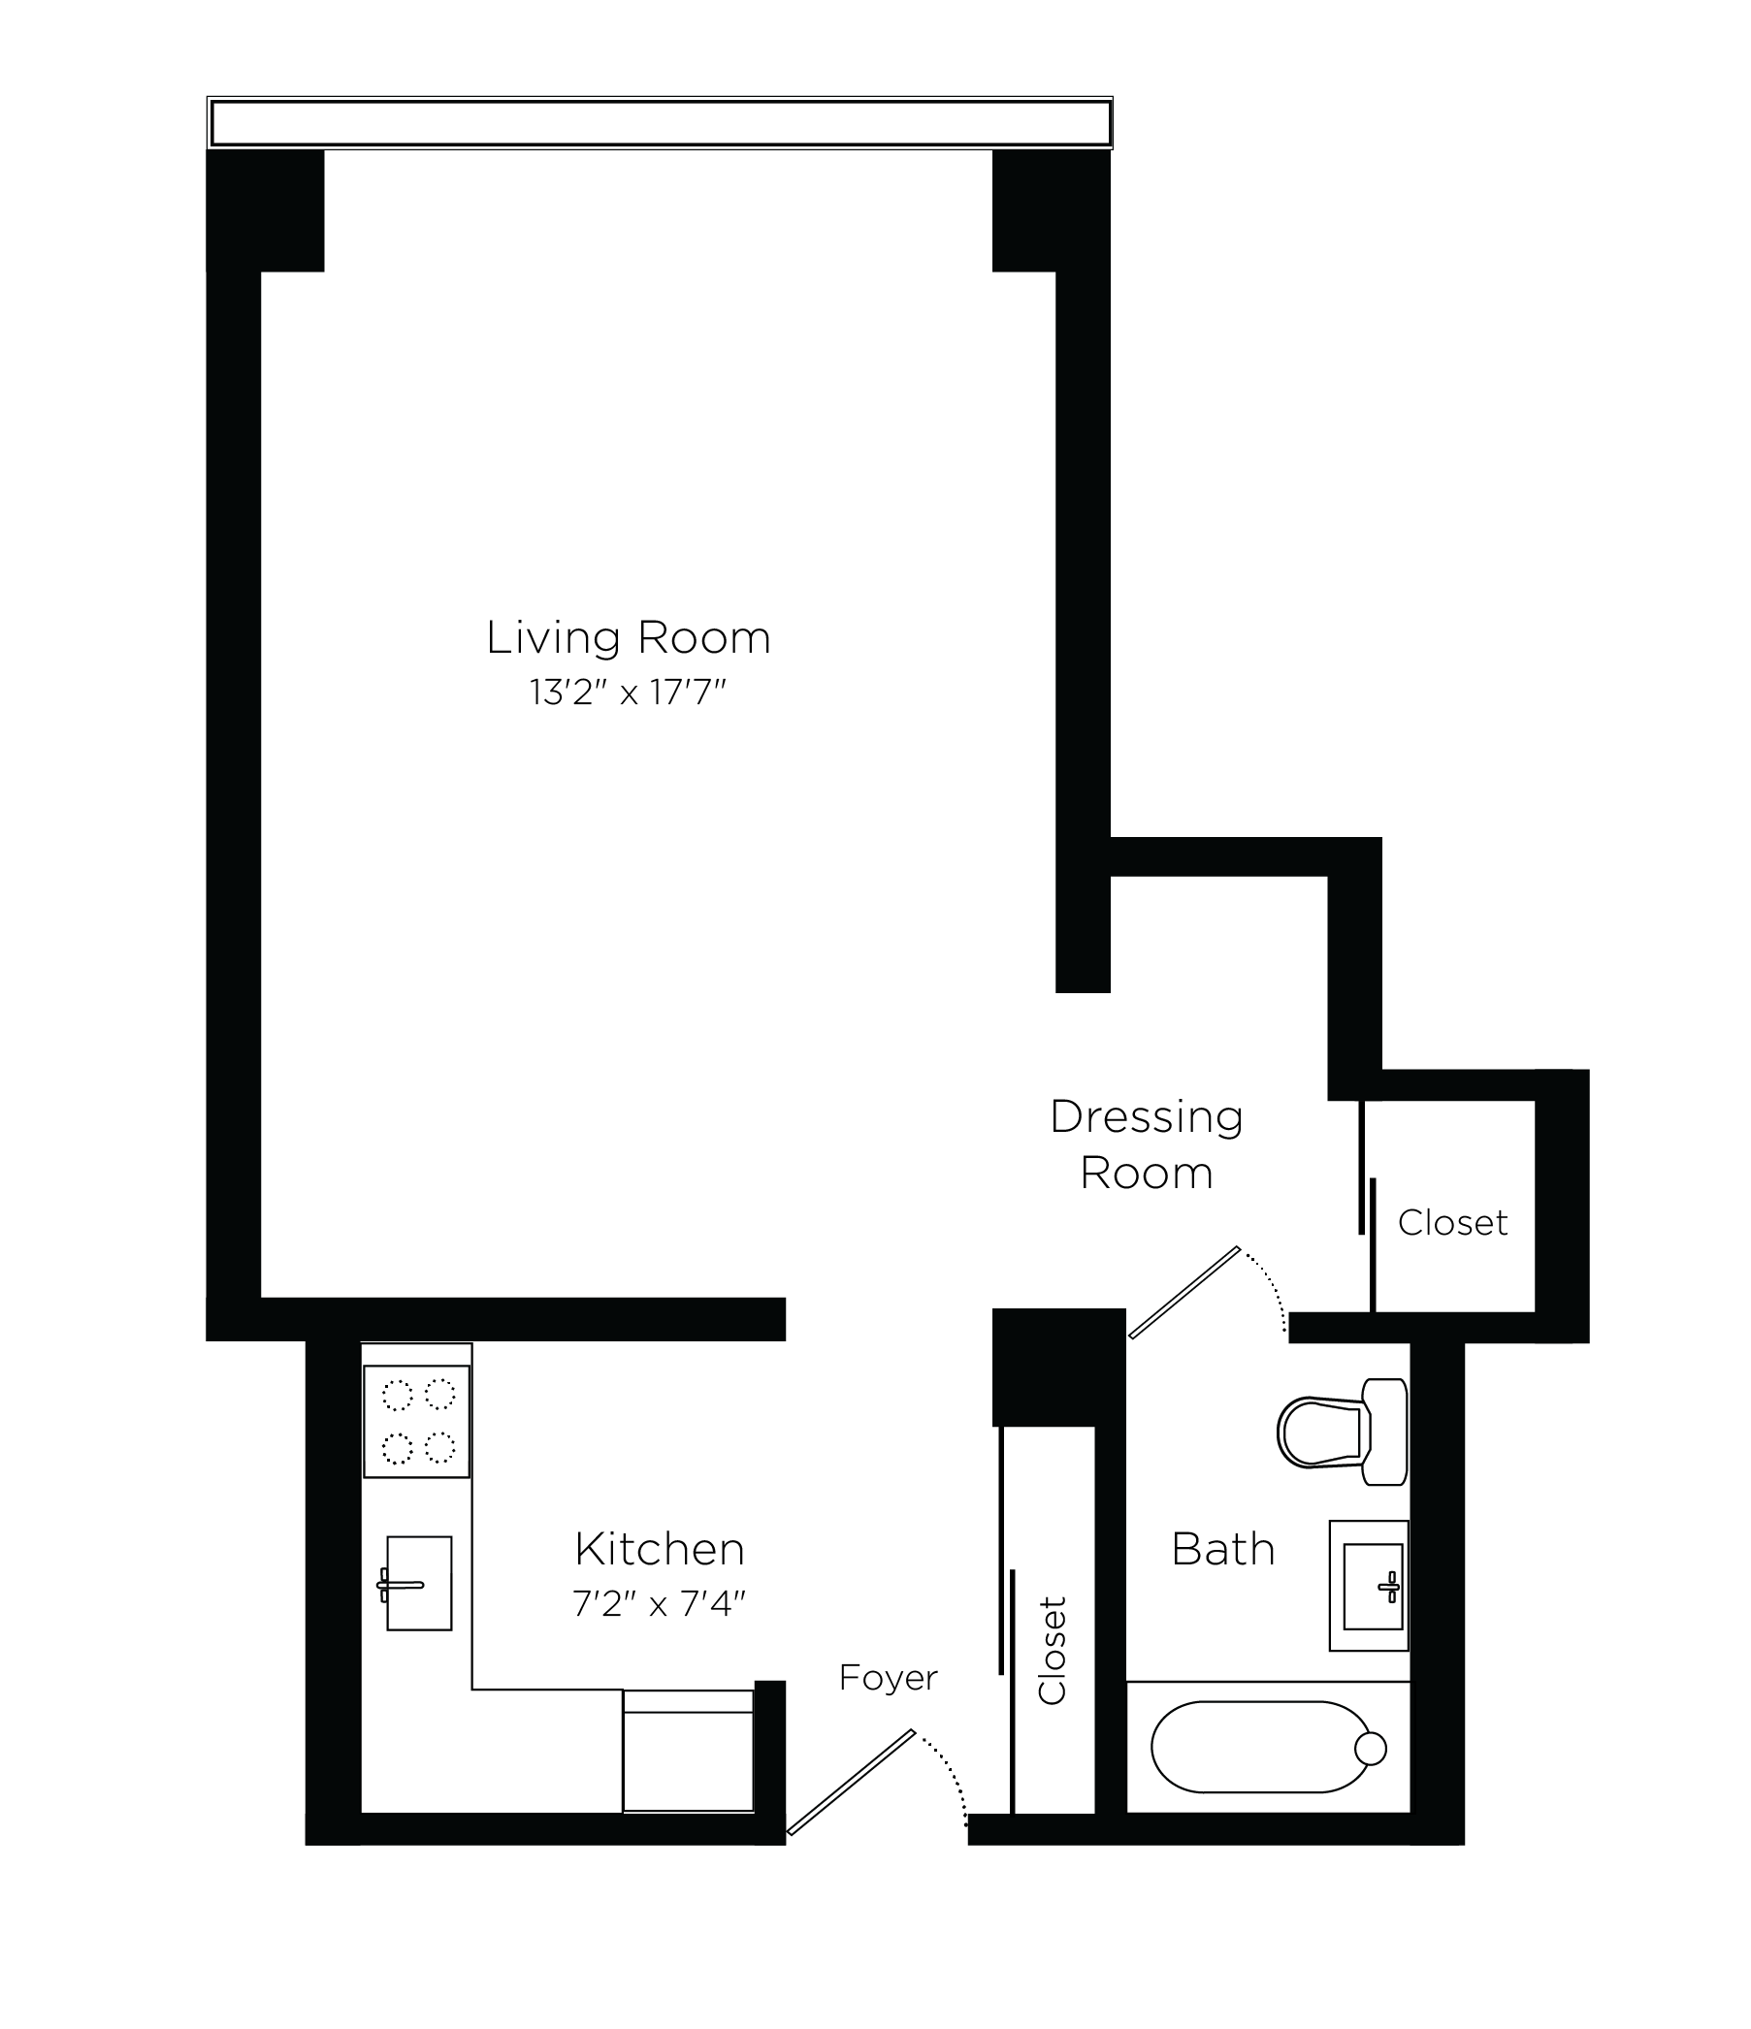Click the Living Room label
[628, 638]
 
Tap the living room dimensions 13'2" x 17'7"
[628, 693]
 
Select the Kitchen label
[659, 1549]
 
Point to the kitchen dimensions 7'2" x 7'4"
[659, 1604]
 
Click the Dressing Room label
[1146, 1144]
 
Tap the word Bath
[1222, 1550]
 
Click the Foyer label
[889, 1678]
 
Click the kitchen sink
[418, 1584]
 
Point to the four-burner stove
[417, 1421]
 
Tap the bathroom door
[1184, 1293]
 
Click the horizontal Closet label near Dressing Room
[1451, 1222]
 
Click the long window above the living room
[660, 123]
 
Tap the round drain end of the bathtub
[1370, 1748]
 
